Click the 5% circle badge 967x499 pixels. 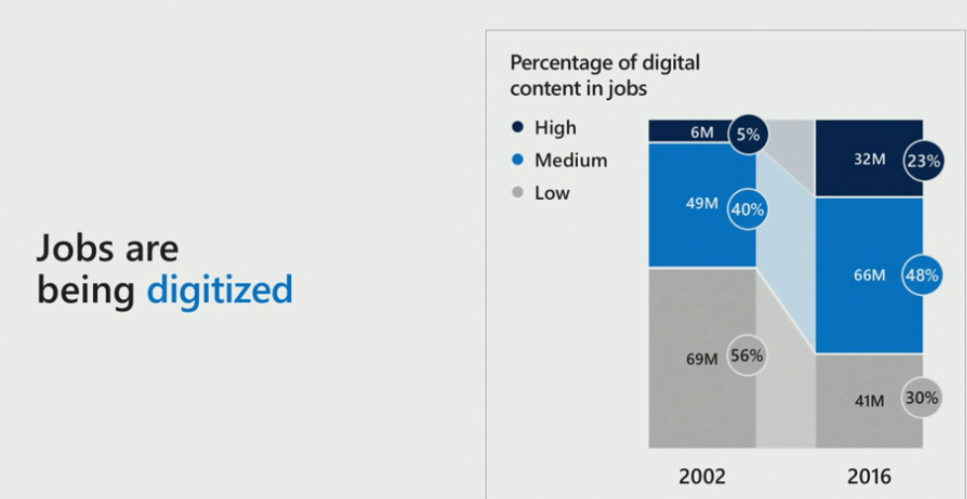click(748, 135)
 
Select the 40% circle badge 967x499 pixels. click(748, 209)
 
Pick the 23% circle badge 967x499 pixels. click(921, 160)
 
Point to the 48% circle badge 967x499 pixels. click(921, 276)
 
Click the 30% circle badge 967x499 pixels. click(921, 398)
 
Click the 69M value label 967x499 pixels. click(702, 358)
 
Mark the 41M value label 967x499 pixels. click(870, 400)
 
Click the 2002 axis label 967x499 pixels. click(702, 476)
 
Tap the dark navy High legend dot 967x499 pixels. click(517, 128)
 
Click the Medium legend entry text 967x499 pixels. click(570, 160)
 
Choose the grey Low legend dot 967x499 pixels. click(517, 193)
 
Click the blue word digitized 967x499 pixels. click(220, 290)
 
